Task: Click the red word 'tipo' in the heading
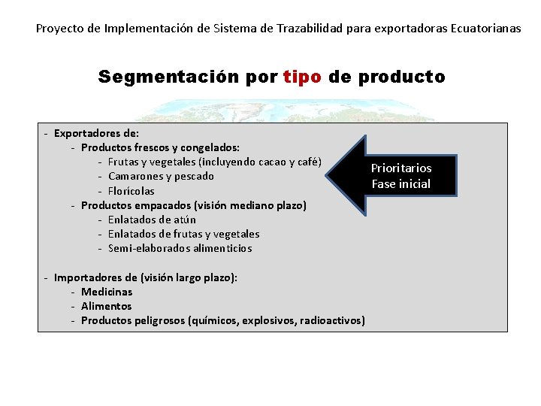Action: tap(304, 77)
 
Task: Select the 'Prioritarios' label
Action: tap(401, 168)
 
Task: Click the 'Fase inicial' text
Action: tap(401, 183)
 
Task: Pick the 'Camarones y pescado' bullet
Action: tap(161, 176)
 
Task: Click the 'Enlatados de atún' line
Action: tap(152, 220)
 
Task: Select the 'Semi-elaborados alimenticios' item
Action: tap(180, 248)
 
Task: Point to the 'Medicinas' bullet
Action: tap(107, 292)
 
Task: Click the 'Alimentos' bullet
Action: tap(106, 306)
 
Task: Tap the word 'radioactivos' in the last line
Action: tap(331, 320)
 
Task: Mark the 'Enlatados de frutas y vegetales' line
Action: tap(183, 234)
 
